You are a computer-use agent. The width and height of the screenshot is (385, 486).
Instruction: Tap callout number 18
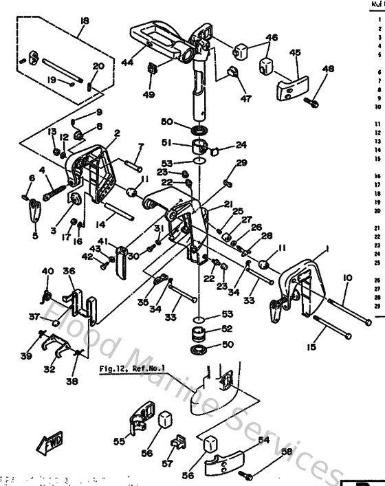pyautogui.click(x=84, y=21)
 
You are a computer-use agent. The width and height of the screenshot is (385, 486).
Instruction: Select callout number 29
pyautogui.click(x=221, y=162)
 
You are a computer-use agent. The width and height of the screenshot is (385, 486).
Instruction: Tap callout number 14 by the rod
pyautogui.click(x=100, y=225)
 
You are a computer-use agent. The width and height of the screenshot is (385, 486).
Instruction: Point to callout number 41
pyautogui.click(x=122, y=241)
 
